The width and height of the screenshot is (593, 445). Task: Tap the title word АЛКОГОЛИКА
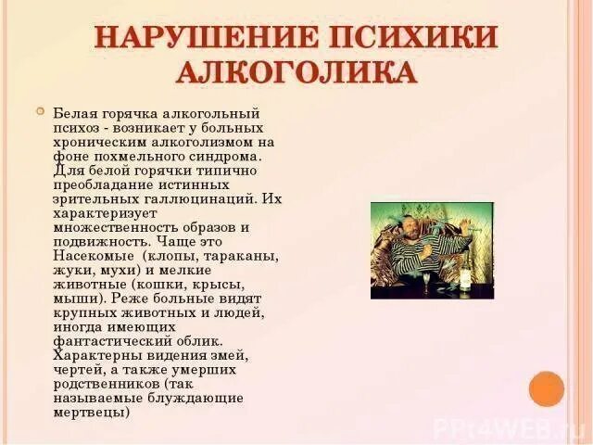click(x=296, y=73)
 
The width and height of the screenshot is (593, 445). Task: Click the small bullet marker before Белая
click(x=39, y=110)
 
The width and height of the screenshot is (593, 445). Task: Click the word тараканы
click(x=239, y=254)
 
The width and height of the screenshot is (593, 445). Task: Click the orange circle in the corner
click(x=546, y=388)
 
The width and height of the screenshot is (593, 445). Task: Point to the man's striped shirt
click(x=400, y=264)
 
